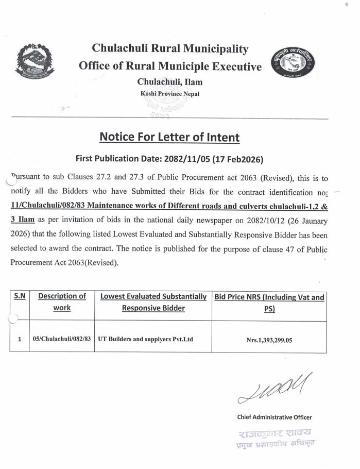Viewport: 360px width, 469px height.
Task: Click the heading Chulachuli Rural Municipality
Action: [170, 49]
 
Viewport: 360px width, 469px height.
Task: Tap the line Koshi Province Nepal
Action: [169, 94]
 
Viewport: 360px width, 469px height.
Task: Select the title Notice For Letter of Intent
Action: [169, 138]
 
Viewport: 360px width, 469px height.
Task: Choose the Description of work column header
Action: [62, 302]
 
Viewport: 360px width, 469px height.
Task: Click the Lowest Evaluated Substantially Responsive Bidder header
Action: [153, 302]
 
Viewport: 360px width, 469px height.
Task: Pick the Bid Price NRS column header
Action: [269, 302]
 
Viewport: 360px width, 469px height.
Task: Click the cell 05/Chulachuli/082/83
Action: [62, 339]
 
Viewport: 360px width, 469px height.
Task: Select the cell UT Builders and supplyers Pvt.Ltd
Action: [145, 339]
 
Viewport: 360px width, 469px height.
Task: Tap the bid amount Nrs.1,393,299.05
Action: [269, 340]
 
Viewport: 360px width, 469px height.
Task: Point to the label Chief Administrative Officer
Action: [274, 417]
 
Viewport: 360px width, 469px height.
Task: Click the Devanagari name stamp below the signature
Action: [275, 437]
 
